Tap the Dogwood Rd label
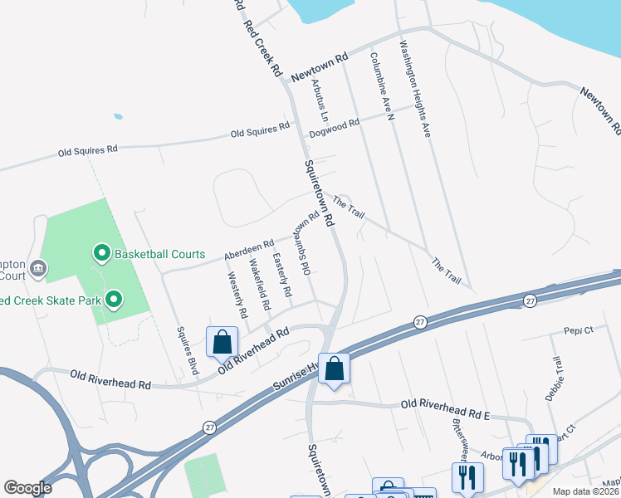(x=334, y=125)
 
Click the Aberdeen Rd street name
(x=248, y=250)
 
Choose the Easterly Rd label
(x=282, y=276)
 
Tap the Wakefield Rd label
(x=260, y=285)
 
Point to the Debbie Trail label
(x=555, y=378)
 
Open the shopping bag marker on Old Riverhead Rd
(x=222, y=341)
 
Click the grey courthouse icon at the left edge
(x=37, y=268)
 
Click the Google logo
(x=27, y=487)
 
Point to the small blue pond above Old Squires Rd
(x=118, y=116)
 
